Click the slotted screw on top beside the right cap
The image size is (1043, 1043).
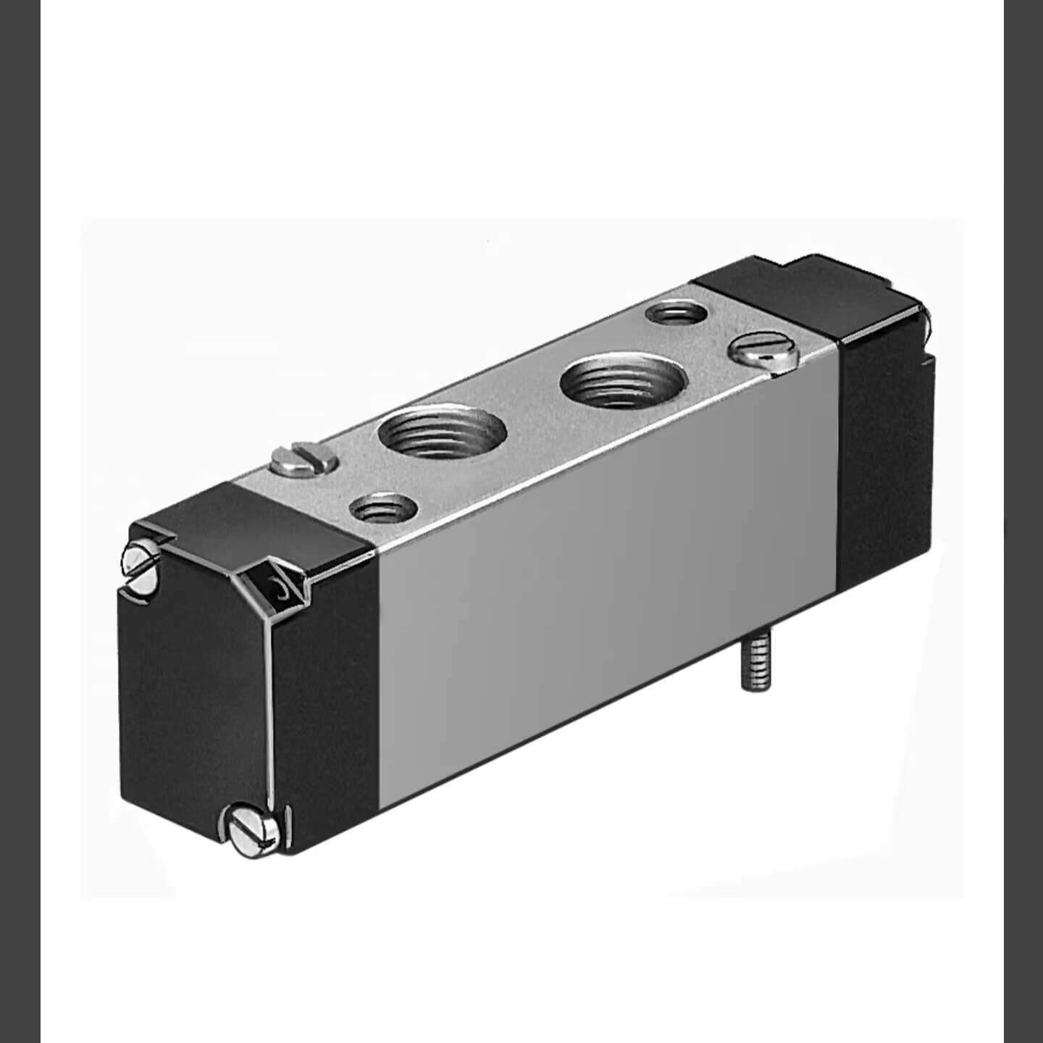763,353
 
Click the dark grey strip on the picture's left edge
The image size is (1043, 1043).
20,521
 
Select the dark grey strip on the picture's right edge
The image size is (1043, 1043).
1023,521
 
